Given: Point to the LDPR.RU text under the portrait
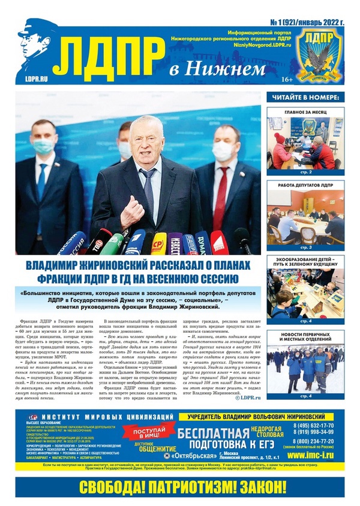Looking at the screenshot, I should tap(35, 78).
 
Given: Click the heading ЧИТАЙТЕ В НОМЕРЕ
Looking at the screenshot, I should tap(306, 97).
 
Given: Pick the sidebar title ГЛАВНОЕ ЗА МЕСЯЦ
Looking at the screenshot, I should tap(306, 112).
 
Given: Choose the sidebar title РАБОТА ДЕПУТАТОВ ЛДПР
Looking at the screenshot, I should tap(306, 185).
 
